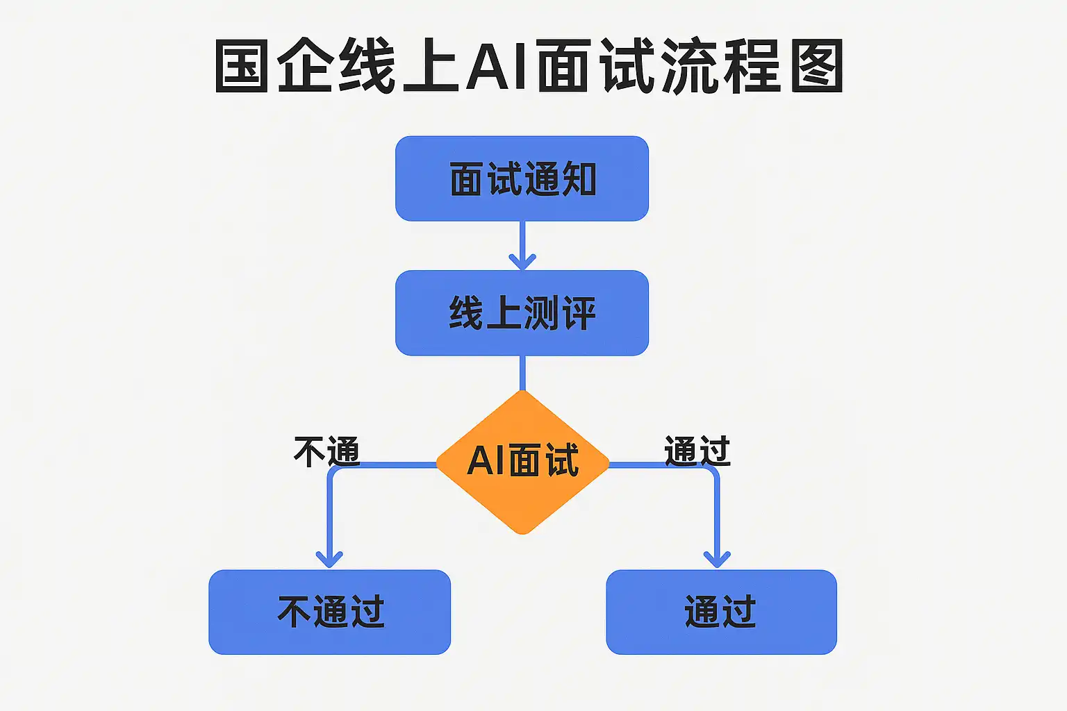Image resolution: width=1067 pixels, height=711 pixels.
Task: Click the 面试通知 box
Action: [x=522, y=178]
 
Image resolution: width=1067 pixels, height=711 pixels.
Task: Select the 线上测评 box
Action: [x=522, y=313]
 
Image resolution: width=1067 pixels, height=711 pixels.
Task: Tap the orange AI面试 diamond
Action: [x=522, y=462]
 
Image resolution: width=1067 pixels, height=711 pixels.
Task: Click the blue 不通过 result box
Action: [x=329, y=612]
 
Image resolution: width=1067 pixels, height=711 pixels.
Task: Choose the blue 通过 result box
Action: [x=721, y=612]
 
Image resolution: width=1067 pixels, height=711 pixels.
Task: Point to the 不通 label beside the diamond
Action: [x=326, y=451]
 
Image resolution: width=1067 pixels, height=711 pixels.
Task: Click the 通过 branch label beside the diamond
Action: [x=697, y=451]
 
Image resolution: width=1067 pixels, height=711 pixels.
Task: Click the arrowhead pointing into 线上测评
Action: [x=522, y=262]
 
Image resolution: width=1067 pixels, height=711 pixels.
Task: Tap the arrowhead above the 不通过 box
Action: [x=329, y=558]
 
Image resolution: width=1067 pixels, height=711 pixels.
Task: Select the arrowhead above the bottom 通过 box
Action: [x=717, y=558]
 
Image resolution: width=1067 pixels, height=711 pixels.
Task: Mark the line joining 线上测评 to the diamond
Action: [x=522, y=373]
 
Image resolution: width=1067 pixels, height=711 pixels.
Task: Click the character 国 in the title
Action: [x=241, y=66]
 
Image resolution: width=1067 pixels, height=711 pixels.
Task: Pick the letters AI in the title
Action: [x=495, y=67]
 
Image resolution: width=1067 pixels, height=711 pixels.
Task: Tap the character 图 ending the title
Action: [x=817, y=66]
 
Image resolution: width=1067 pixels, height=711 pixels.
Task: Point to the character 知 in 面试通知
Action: [x=579, y=179]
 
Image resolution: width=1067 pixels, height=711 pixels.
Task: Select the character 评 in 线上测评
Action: [x=579, y=314]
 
